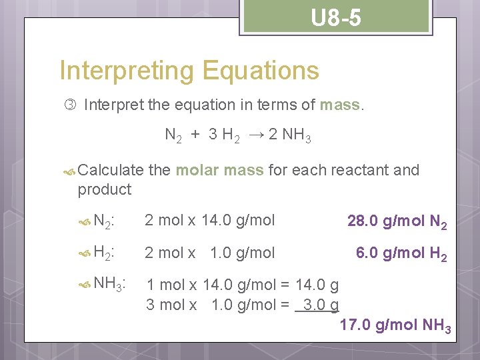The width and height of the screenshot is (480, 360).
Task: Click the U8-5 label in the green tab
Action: (337, 18)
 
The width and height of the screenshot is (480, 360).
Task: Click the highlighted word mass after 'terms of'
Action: (340, 105)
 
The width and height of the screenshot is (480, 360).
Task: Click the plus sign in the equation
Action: (195, 135)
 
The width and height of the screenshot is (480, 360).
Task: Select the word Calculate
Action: (110, 170)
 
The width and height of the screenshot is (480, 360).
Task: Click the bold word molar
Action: (197, 170)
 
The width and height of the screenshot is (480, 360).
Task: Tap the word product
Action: (105, 189)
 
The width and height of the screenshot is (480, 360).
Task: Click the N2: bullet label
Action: (104, 221)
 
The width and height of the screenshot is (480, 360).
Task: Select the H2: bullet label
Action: (104, 253)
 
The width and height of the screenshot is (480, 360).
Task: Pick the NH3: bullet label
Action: (111, 285)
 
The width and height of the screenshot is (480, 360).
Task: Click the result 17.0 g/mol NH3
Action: (395, 326)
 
